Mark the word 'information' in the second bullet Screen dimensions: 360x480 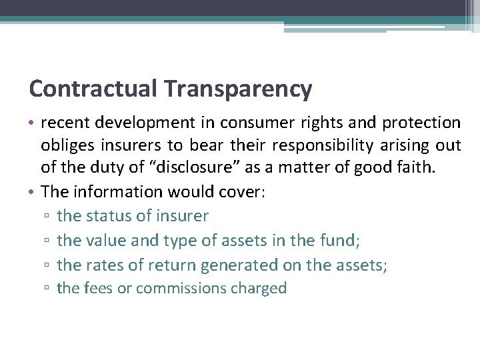tap(113, 192)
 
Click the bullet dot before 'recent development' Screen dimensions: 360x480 tap(33, 123)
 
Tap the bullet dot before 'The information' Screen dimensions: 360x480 tap(33, 193)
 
